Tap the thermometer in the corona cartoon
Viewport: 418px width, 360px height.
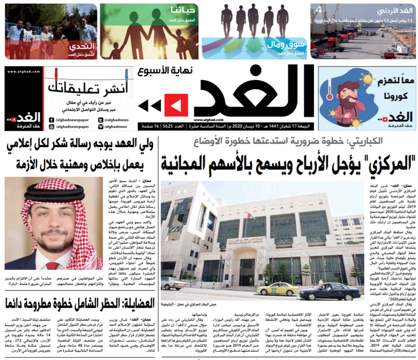pyautogui.click(x=331, y=96)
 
